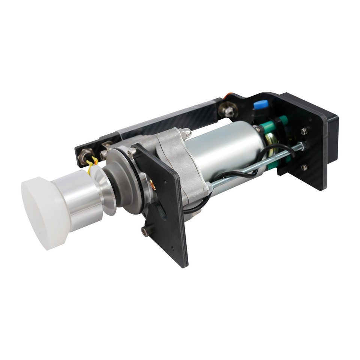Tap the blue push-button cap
[x=261, y=104]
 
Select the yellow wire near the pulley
[x=91, y=165]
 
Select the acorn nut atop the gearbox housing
[x=185, y=133]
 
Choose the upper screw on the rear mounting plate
[x=304, y=131]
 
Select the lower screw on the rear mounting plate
[x=304, y=167]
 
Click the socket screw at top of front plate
[x=132, y=153]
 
